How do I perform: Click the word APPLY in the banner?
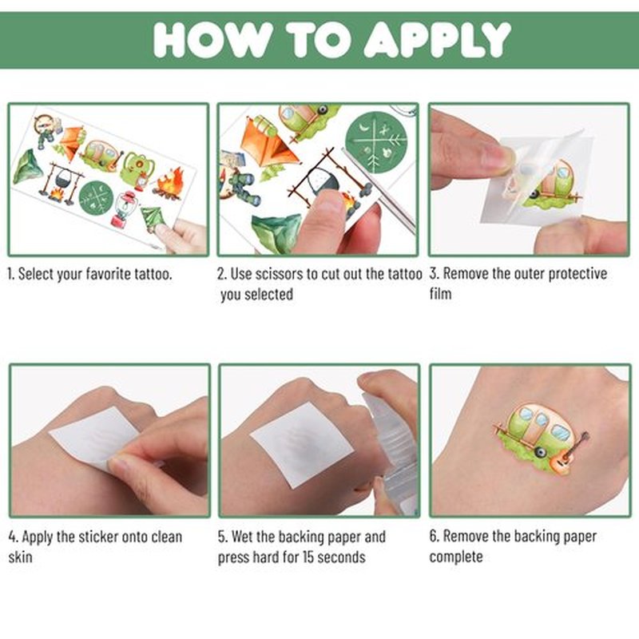pyautogui.click(x=437, y=39)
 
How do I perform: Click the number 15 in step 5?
pyautogui.click(x=308, y=557)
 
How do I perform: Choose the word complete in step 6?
pyautogui.click(x=455, y=557)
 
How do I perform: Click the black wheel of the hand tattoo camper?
pyautogui.click(x=541, y=452)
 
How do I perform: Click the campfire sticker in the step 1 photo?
pyautogui.click(x=169, y=185)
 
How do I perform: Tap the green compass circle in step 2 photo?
pyautogui.click(x=375, y=142)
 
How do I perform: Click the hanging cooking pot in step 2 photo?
pyautogui.click(x=322, y=178)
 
